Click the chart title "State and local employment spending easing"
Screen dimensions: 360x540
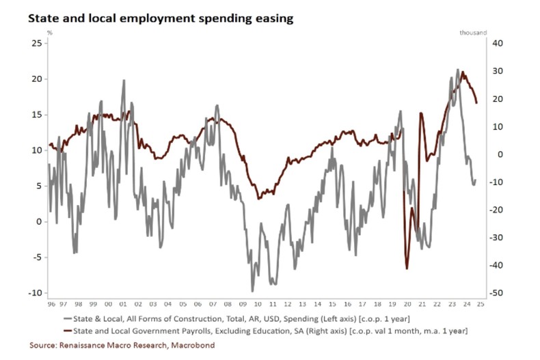point(161,18)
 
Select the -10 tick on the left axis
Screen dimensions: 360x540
point(34,292)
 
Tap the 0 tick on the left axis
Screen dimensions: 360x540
point(40,221)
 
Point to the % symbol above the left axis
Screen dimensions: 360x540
point(49,32)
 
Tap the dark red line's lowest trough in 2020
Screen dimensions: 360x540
point(407,268)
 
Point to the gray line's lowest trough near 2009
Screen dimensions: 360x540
point(253,291)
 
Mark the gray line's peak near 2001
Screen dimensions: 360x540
point(124,81)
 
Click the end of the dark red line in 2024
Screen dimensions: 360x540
point(476,102)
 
